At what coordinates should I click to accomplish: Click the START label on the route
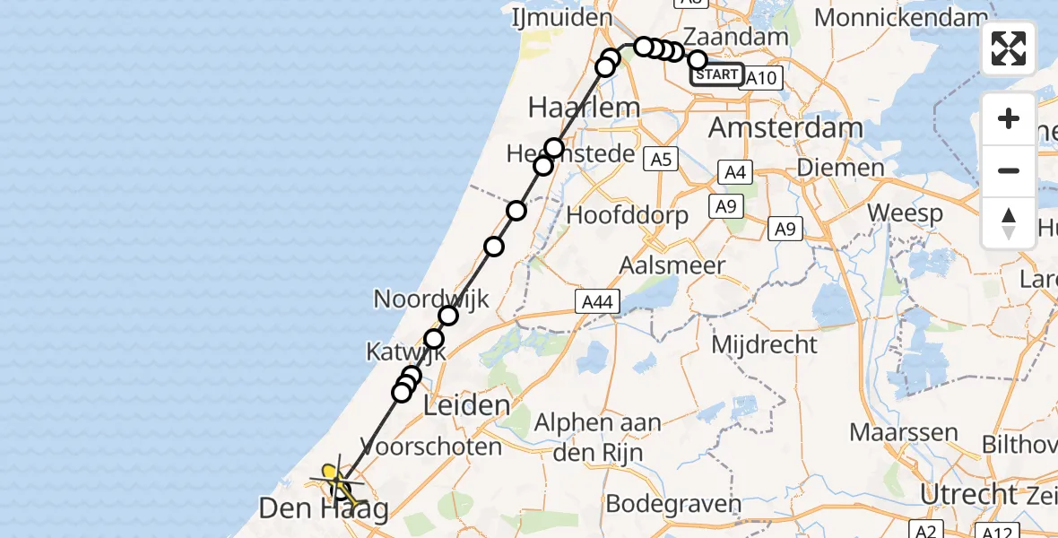click(716, 75)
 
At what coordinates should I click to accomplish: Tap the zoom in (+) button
click(1009, 118)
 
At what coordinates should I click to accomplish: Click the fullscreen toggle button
click(1009, 48)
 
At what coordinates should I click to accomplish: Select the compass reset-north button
click(1009, 222)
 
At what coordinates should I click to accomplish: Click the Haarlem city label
click(584, 108)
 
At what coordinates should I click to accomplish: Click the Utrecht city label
click(967, 494)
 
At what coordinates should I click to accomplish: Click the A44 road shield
click(596, 302)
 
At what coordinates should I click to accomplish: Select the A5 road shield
click(661, 160)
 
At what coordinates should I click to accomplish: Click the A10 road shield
click(761, 78)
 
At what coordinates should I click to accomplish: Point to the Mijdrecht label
click(764, 344)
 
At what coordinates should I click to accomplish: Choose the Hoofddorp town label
click(628, 215)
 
